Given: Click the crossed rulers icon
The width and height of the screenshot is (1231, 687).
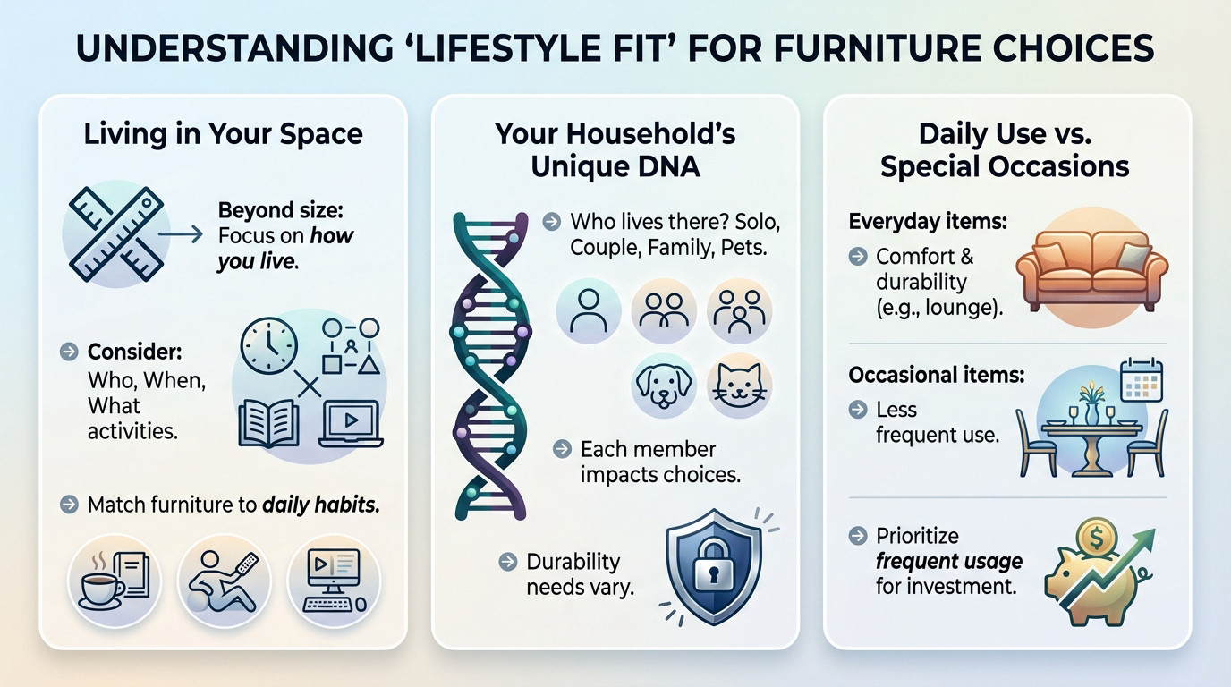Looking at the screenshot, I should pos(115,234).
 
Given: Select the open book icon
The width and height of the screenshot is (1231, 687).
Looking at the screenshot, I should pos(268,423).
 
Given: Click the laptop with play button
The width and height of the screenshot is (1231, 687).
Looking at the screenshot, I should pos(350,423).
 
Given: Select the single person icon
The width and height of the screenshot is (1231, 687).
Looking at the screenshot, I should pos(588,310).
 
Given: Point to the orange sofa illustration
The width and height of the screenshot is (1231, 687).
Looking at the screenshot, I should pos(1091,267).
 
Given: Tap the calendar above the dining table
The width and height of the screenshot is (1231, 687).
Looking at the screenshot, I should pos(1141,379).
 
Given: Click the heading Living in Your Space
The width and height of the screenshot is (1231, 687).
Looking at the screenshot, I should pos(223,134).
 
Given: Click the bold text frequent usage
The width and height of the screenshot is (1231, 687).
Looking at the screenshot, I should pos(949,562).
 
